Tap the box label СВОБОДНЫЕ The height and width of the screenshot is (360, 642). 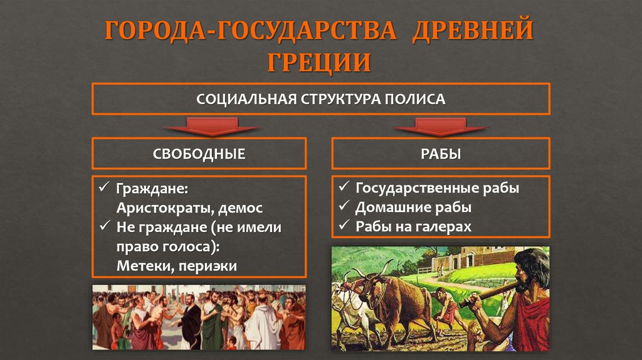click(x=199, y=154)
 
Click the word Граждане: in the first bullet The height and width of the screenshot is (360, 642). click(x=152, y=189)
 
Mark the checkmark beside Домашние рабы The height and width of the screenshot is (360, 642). click(x=344, y=207)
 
